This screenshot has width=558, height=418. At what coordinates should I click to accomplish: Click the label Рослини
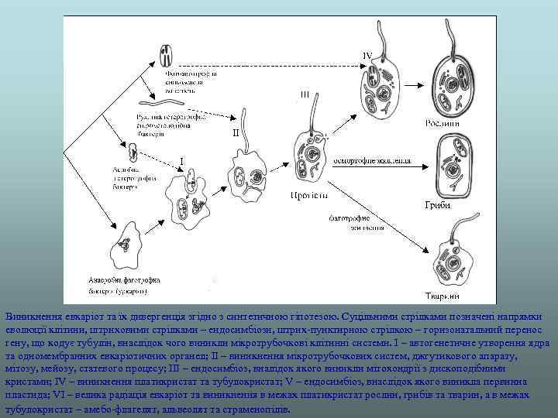tap(442, 123)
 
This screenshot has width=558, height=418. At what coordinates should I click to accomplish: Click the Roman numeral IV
tap(368, 55)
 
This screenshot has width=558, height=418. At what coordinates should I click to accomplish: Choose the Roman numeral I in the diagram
tap(181, 160)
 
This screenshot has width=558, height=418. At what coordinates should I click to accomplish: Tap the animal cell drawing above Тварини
tap(446, 259)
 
